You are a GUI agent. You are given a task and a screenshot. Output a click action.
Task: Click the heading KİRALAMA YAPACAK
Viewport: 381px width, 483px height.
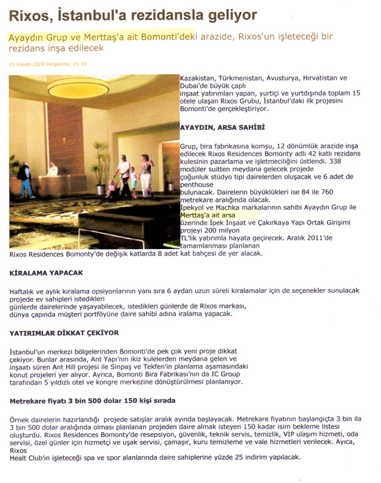(x=48, y=274)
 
